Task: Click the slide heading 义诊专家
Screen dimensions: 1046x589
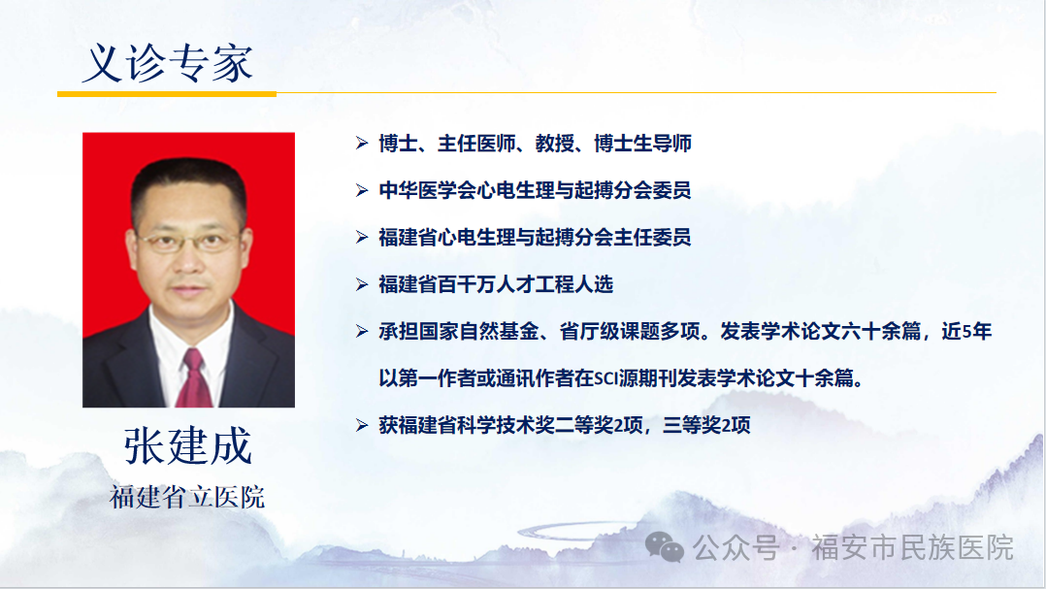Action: pyautogui.click(x=168, y=64)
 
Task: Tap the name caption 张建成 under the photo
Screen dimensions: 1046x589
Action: pyautogui.click(x=187, y=445)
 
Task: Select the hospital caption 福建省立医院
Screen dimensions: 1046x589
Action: pyautogui.click(x=187, y=497)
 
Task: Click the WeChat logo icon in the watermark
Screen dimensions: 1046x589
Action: pyautogui.click(x=665, y=547)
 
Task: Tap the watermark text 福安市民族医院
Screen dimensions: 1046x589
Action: pyautogui.click(x=912, y=547)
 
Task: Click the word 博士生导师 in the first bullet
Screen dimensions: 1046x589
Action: pyautogui.click(x=642, y=144)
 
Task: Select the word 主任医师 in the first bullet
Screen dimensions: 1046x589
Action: pyautogui.click(x=476, y=144)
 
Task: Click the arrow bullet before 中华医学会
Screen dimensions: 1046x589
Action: pyautogui.click(x=362, y=191)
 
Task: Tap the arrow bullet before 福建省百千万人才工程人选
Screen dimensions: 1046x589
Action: pyautogui.click(x=362, y=285)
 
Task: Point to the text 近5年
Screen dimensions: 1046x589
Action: pyautogui.click(x=966, y=332)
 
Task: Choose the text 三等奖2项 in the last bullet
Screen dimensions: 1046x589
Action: pyautogui.click(x=706, y=426)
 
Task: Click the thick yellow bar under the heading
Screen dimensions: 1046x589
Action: pyautogui.click(x=167, y=94)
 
